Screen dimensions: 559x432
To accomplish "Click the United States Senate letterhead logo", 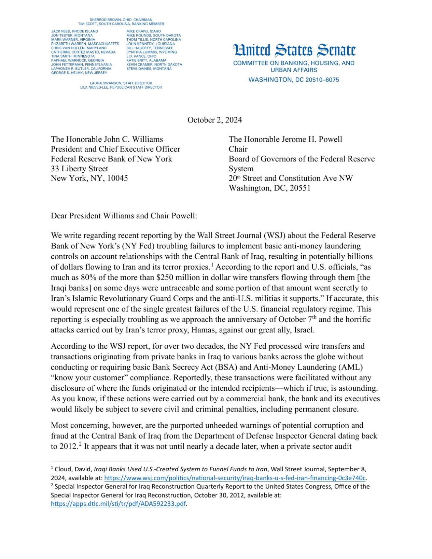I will tap(294, 50).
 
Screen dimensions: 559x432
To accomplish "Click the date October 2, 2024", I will tap(214, 120).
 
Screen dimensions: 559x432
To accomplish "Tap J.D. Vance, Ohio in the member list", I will tap(141, 56).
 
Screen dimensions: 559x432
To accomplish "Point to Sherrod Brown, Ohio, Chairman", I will tap(121, 20).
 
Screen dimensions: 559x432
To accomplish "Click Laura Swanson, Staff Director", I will tap(121, 83).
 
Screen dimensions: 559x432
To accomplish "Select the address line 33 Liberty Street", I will tap(79, 169).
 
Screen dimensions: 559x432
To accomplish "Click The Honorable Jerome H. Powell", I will tap(285, 139).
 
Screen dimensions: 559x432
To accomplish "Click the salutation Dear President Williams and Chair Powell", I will tap(124, 216).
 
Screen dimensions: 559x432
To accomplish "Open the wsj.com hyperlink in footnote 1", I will tap(235, 478).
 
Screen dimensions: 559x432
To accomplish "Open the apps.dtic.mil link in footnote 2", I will tap(119, 504).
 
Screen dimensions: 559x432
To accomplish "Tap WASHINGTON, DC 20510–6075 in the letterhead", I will tap(294, 80).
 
